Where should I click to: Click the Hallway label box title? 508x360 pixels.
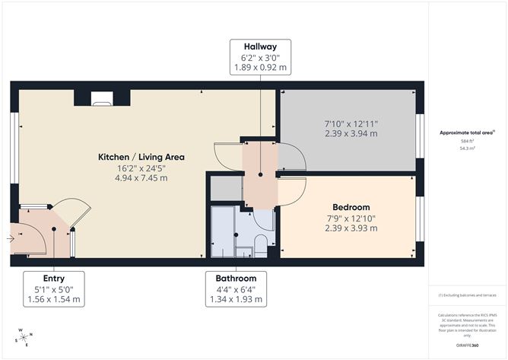click(x=259, y=45)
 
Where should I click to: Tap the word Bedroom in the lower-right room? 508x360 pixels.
click(x=351, y=207)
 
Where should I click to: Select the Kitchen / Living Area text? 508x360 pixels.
click(x=141, y=157)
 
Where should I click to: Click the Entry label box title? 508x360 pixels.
click(x=52, y=278)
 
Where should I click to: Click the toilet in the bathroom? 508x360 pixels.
click(x=259, y=244)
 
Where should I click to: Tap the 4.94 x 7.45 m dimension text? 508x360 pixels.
click(x=141, y=178)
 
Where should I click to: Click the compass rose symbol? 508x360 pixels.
click(x=24, y=338)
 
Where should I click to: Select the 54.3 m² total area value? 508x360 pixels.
click(x=467, y=149)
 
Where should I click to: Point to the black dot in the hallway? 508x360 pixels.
click(x=259, y=174)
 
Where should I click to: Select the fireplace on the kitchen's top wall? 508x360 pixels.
click(x=102, y=98)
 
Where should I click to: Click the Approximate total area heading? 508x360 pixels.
click(x=467, y=132)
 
